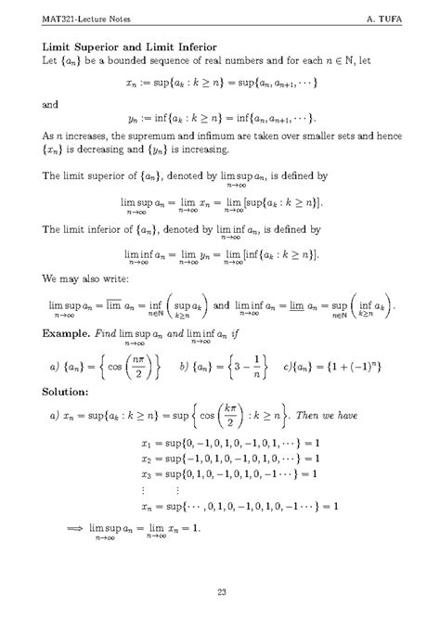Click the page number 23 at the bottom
(x=221, y=593)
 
